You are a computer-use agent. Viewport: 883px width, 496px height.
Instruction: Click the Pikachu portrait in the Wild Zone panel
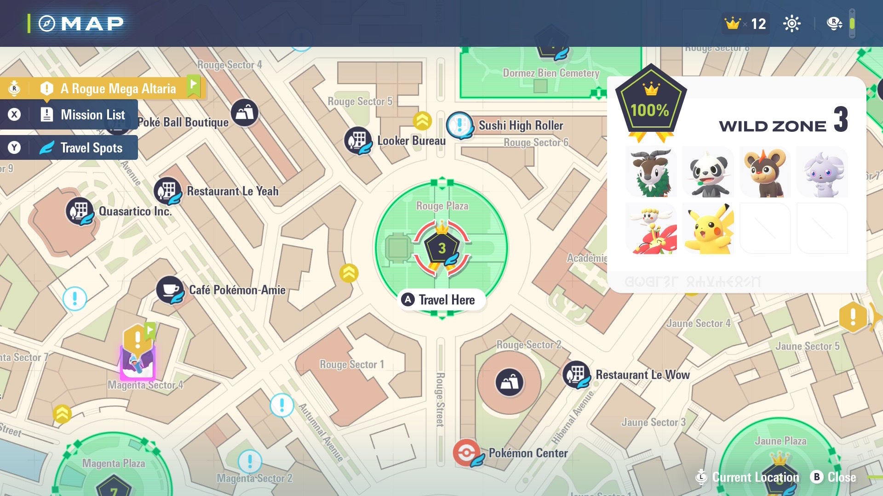pyautogui.click(x=708, y=228)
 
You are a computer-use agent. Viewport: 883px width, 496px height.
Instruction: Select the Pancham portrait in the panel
pyautogui.click(x=708, y=172)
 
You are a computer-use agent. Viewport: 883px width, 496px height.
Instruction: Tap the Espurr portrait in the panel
pyautogui.click(x=822, y=172)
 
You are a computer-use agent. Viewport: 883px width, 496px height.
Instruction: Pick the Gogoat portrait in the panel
pyautogui.click(x=651, y=172)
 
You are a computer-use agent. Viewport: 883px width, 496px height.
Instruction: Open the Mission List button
pyautogui.click(x=69, y=115)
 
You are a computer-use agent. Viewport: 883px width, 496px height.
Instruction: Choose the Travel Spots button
pyautogui.click(x=69, y=148)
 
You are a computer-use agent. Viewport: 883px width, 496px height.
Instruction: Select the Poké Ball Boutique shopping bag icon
pyautogui.click(x=244, y=113)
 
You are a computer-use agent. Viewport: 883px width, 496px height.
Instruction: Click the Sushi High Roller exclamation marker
pyautogui.click(x=459, y=124)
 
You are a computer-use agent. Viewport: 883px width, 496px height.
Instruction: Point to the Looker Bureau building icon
pyautogui.click(x=358, y=140)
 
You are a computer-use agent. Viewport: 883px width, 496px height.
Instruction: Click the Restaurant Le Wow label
pyautogui.click(x=642, y=375)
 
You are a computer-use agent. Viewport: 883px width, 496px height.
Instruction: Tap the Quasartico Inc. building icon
pyautogui.click(x=80, y=211)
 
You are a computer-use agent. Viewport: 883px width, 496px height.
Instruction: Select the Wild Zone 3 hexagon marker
pyautogui.click(x=441, y=248)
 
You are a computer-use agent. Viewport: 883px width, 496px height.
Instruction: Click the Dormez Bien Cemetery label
pyautogui.click(x=550, y=73)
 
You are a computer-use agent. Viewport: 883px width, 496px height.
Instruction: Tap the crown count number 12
pyautogui.click(x=758, y=24)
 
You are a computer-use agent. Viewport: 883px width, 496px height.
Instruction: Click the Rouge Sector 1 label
pyautogui.click(x=351, y=365)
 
